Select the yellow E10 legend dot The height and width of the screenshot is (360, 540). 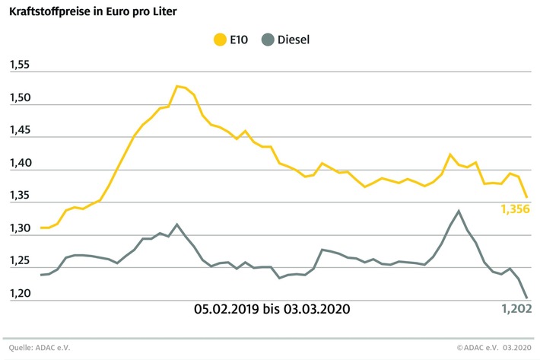pos(222,39)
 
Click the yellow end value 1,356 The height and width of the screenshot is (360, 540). pos(516,209)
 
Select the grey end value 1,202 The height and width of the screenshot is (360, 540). pos(516,308)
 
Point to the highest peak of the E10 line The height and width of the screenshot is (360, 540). pos(177,86)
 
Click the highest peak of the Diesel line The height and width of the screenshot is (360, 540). pos(459,211)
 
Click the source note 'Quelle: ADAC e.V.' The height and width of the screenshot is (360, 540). pos(38,348)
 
